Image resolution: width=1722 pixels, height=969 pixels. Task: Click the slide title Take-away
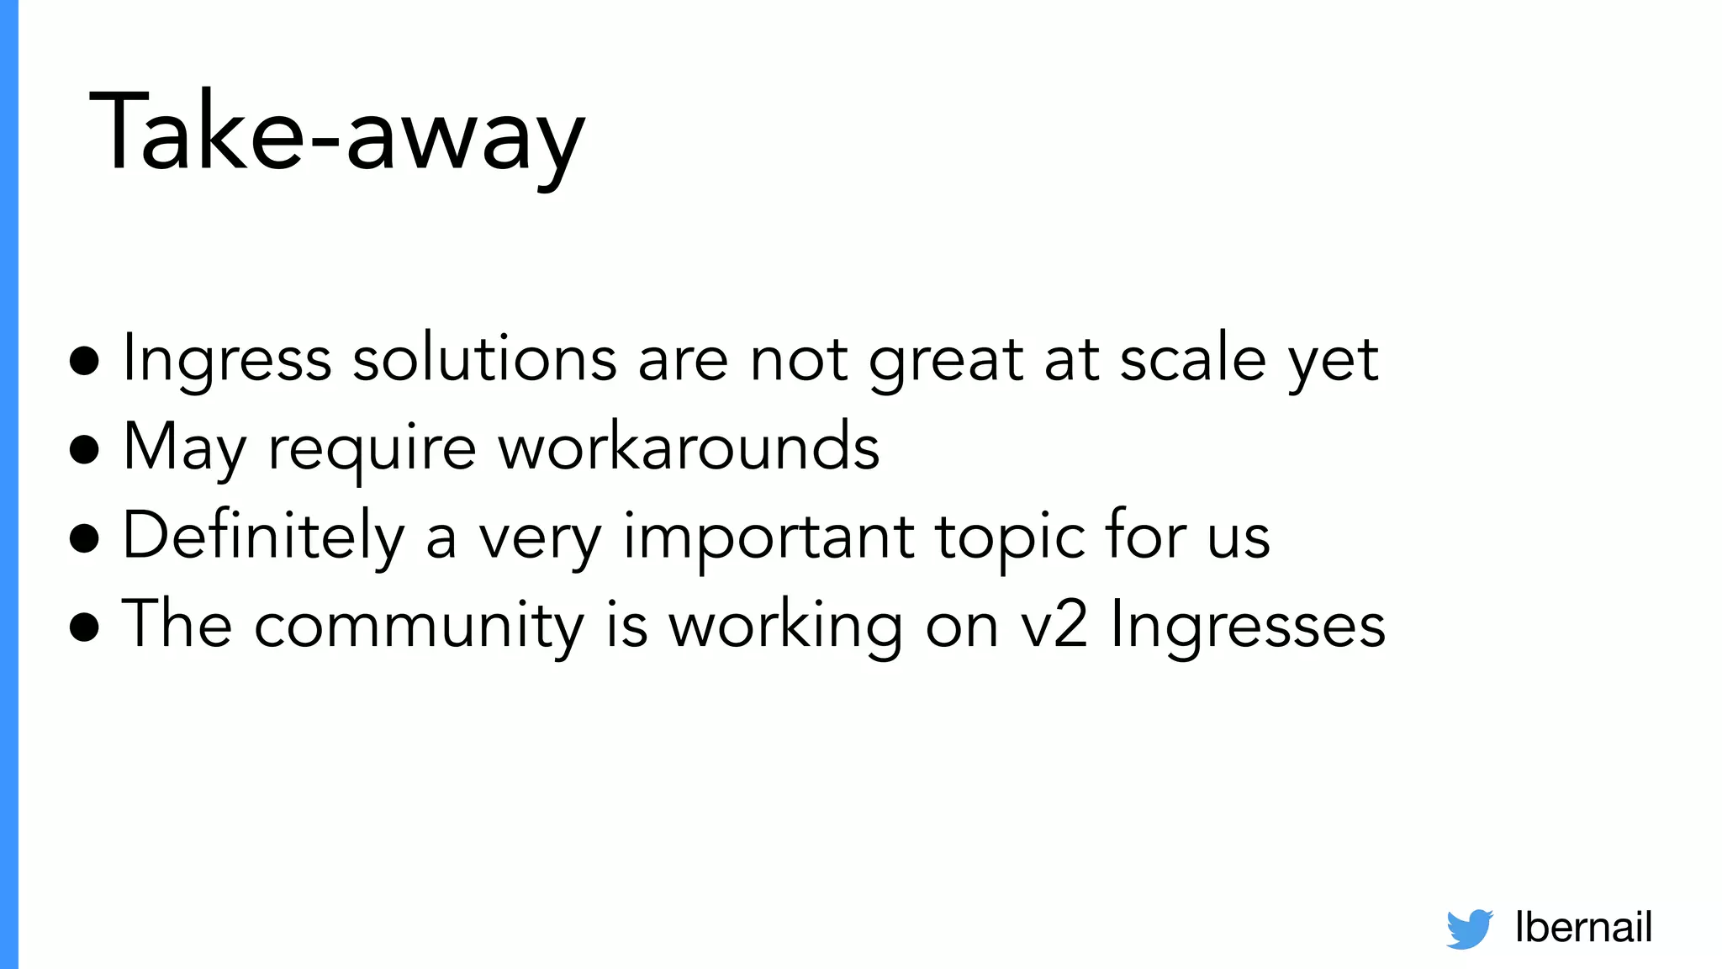(336, 133)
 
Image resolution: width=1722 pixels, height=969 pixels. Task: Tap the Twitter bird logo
(1469, 929)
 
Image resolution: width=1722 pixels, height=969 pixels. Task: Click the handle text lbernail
(1583, 927)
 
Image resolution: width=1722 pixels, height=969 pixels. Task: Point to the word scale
(1193, 359)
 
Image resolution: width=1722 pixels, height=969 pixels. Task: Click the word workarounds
(689, 447)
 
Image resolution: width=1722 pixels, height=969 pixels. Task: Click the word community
(419, 627)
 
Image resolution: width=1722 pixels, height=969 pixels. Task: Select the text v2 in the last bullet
(1055, 627)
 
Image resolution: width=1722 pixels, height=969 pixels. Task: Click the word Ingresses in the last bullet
(1248, 627)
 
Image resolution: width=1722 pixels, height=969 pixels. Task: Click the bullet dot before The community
(85, 627)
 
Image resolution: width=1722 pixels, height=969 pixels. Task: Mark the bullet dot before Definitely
(85, 538)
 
